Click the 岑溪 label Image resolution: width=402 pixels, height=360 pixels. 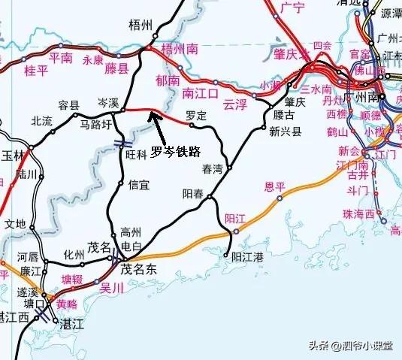[x=109, y=100]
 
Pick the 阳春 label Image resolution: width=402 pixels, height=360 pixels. [x=194, y=193]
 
